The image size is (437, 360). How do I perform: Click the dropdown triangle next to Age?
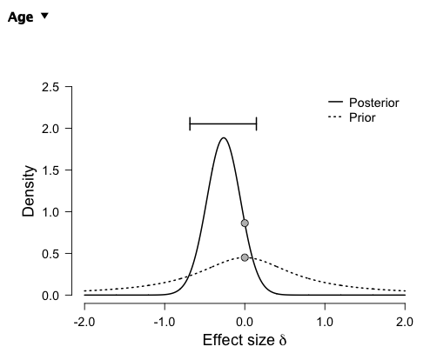click(x=44, y=17)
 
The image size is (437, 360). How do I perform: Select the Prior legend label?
click(x=362, y=117)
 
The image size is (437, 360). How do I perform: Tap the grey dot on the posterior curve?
click(x=245, y=223)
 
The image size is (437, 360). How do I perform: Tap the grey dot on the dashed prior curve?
click(x=245, y=257)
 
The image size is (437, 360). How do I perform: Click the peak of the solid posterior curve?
click(x=224, y=137)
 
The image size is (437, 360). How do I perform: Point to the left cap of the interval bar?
click(x=190, y=124)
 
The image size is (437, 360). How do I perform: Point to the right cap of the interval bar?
click(x=257, y=124)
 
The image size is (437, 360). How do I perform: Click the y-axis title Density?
click(x=28, y=190)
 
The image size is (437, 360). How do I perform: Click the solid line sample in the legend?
click(x=334, y=103)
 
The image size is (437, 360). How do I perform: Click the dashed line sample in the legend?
click(x=334, y=117)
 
